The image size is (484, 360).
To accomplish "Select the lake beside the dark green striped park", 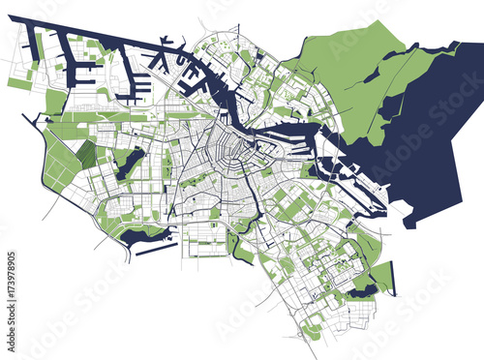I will [129, 163].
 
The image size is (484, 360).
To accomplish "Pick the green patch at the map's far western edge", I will [19, 85].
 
